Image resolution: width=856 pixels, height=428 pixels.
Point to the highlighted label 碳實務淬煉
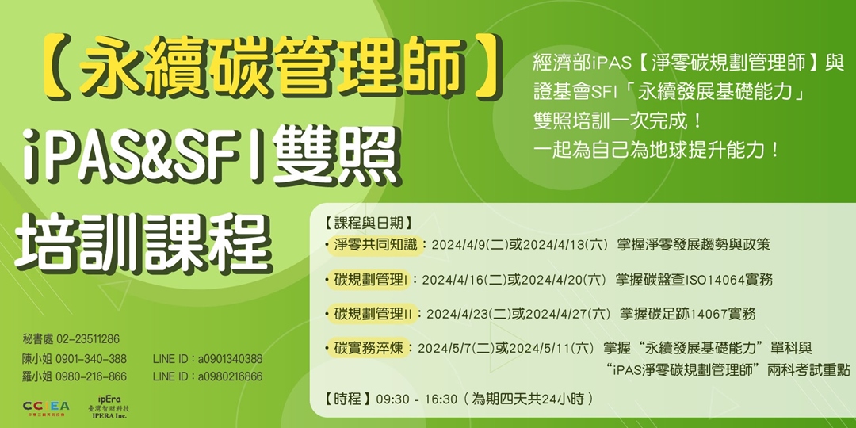point(369,347)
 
